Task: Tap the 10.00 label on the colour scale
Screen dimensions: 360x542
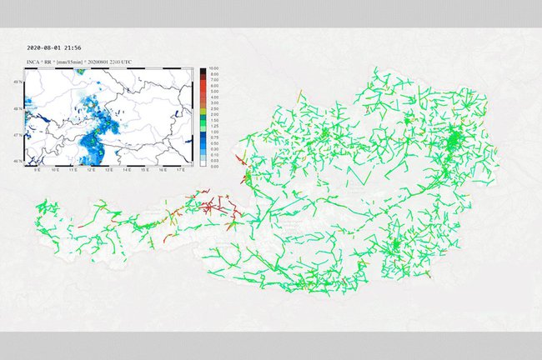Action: [x=214, y=68]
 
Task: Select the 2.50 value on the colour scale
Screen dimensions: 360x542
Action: [x=214, y=109]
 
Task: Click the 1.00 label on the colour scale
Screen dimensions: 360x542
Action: [x=214, y=132]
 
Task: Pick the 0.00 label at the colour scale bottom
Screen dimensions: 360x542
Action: [x=214, y=166]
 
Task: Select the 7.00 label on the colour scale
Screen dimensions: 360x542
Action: [x=214, y=80]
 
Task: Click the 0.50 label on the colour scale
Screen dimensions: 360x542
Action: [x=214, y=143]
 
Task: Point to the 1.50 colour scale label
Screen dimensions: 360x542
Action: [x=214, y=120]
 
